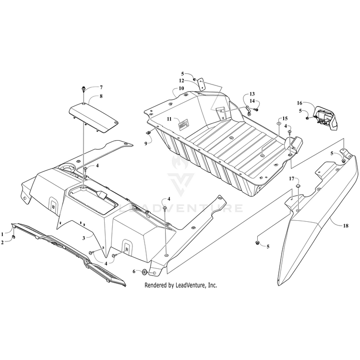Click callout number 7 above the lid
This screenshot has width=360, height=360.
[x=101, y=87]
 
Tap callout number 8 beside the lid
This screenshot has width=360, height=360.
[x=101, y=96]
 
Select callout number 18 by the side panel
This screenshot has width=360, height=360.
[x=346, y=226]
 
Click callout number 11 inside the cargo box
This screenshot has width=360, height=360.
[x=169, y=119]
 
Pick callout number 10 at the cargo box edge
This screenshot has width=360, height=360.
[x=181, y=88]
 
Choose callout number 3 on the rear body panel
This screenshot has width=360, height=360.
[x=84, y=238]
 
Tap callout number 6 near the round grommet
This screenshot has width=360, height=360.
[x=134, y=272]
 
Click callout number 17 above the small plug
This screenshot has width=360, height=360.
[x=291, y=179]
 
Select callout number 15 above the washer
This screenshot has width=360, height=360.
[x=285, y=119]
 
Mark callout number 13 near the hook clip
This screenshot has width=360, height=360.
[x=252, y=94]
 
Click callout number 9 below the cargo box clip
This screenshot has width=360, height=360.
[x=145, y=144]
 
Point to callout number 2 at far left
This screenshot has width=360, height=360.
[x=2, y=242]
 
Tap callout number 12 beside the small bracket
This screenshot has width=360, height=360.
[x=181, y=81]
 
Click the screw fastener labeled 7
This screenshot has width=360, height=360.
[x=83, y=89]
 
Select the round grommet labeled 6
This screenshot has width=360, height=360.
[x=144, y=272]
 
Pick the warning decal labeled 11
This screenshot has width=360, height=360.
[x=183, y=124]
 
